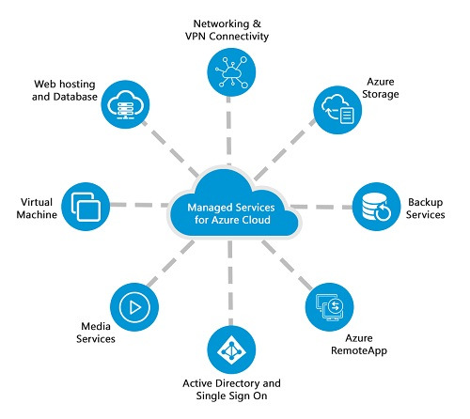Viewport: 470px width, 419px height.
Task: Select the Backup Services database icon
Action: point(378,207)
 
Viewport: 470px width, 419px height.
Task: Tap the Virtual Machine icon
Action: point(86,207)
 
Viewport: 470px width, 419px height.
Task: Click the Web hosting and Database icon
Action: point(127,104)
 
